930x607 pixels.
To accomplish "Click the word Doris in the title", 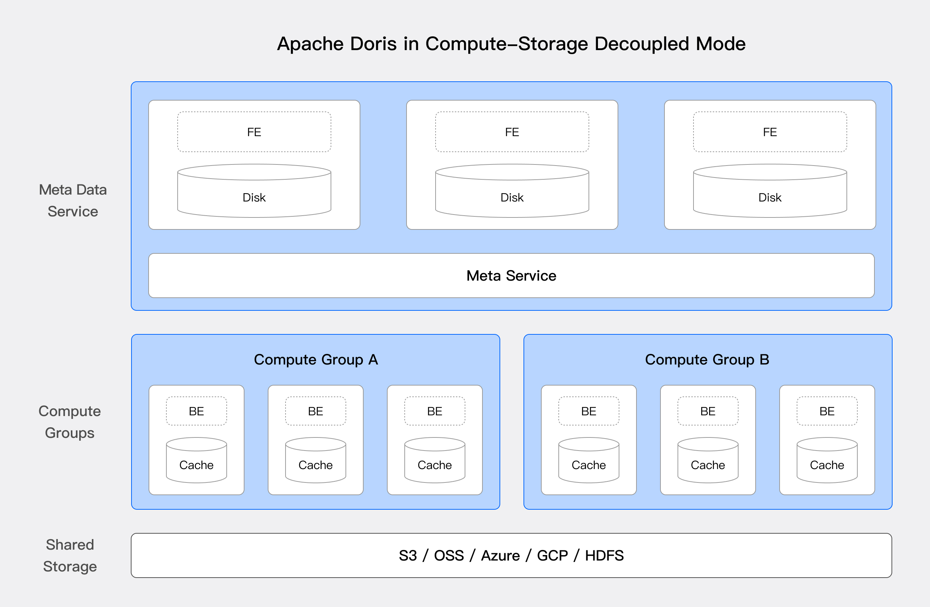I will coord(373,44).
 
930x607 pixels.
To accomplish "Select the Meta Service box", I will coord(511,276).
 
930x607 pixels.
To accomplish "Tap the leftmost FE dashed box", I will coord(254,132).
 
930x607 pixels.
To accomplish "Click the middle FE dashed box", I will coord(512,132).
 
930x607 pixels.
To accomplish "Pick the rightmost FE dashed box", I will coord(770,132).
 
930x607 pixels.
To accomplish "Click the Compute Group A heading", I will coord(316,359).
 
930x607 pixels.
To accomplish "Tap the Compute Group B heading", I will coord(707,359).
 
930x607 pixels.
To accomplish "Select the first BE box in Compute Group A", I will coord(196,411).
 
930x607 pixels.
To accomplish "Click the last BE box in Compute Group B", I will coord(827,411).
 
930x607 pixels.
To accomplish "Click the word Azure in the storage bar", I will coord(500,555).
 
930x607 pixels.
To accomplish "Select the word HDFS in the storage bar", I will coord(604,555).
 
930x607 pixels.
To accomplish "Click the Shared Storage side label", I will coord(70,555).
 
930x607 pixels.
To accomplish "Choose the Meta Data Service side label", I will coord(73,200).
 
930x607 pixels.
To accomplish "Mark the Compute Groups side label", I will coord(69,422).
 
